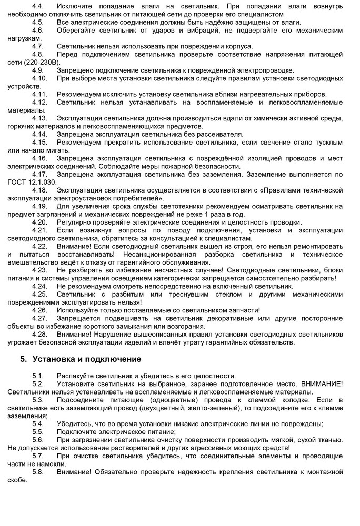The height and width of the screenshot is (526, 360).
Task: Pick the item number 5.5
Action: click(x=38, y=432)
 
